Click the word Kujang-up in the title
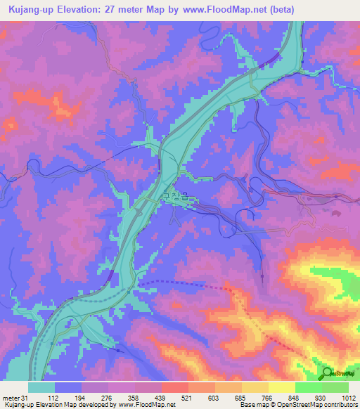(30, 10)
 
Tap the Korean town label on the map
(176, 197)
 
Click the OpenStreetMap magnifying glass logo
(328, 372)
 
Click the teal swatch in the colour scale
(41, 387)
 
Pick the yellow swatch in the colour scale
(281, 387)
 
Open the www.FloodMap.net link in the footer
(148, 405)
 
